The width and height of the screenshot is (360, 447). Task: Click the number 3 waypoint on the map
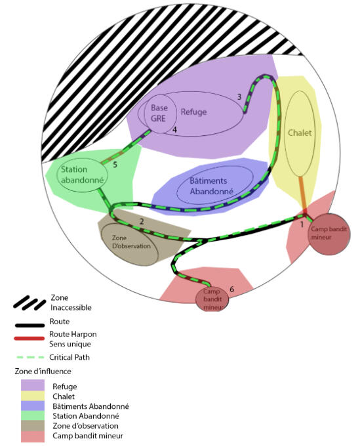tap(239, 97)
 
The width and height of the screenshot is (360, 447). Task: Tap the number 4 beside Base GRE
tap(174, 130)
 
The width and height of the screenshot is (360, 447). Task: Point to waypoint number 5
tap(115, 165)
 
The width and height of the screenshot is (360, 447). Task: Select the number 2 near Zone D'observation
tap(142, 221)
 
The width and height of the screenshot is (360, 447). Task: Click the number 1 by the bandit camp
tap(302, 224)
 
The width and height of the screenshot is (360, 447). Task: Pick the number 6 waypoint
tap(232, 289)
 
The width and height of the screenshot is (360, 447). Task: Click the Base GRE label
tap(159, 113)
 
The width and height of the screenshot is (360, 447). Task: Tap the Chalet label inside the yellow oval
tap(300, 133)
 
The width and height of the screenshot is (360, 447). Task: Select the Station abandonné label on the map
tap(83, 175)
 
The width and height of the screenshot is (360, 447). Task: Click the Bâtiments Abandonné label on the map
tap(211, 186)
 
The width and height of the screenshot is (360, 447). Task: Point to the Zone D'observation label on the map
tap(131, 242)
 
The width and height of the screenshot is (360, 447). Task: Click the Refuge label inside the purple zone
tap(193, 112)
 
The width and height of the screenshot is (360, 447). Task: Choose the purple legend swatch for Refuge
tap(33, 385)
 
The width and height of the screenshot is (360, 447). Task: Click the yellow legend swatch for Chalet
tap(33, 396)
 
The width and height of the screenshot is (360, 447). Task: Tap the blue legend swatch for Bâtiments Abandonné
tap(33, 406)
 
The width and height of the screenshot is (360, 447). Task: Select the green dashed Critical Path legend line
tap(30, 357)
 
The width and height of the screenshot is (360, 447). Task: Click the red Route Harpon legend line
tap(30, 339)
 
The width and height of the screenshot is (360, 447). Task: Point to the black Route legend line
tap(30, 326)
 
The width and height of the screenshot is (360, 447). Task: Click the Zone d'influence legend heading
tap(43, 371)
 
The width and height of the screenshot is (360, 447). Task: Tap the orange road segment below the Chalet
tap(302, 193)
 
